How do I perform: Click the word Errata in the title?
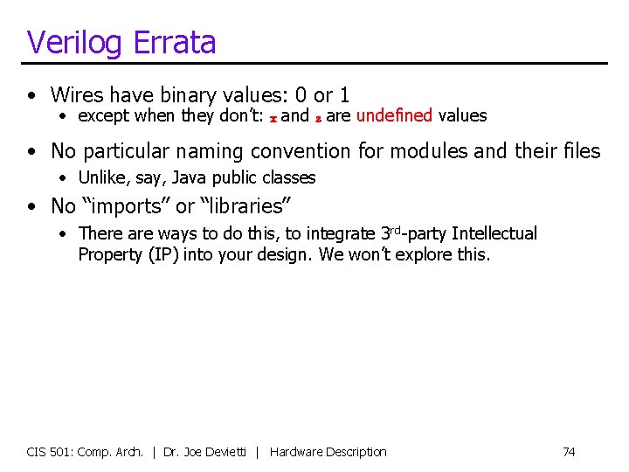(173, 43)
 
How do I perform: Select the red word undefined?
(395, 115)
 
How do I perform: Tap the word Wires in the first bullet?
(78, 94)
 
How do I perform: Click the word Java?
(189, 177)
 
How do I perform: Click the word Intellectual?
(494, 233)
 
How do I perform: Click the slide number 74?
(569, 452)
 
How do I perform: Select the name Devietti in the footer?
(227, 452)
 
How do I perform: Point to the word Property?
(111, 254)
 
